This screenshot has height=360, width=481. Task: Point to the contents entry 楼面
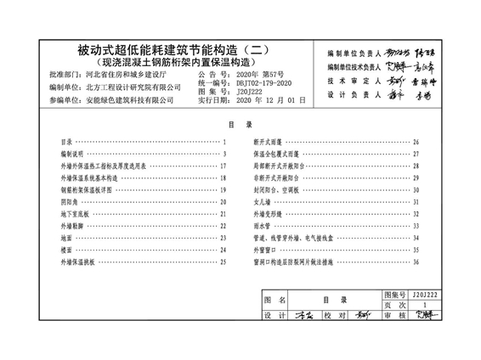pyautogui.click(x=67, y=250)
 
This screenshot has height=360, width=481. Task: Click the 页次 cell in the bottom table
pyautogui.click(x=393, y=303)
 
